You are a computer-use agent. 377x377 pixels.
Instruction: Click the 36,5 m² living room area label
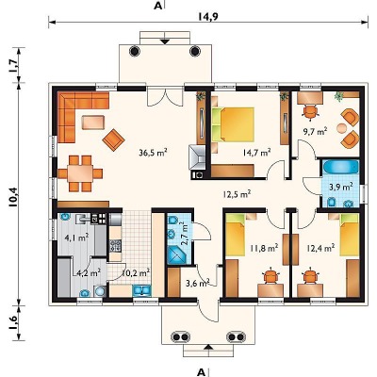coord(153,153)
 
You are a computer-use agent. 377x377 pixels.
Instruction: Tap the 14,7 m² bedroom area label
coord(257,153)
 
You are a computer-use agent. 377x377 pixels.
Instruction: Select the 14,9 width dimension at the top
coord(208,16)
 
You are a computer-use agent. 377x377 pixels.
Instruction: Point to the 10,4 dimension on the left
coord(13,197)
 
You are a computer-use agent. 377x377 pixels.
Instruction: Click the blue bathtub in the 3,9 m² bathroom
coord(341,167)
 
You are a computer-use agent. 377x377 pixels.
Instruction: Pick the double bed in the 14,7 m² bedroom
coord(234,124)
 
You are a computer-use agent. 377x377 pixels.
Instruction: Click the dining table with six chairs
coord(80,173)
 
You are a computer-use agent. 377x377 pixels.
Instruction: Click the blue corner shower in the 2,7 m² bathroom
coord(178,254)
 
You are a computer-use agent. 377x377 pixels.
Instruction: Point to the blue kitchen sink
coord(142,290)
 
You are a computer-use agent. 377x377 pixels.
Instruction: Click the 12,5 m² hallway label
coord(237,194)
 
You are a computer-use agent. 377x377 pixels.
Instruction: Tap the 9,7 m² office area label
coord(315,132)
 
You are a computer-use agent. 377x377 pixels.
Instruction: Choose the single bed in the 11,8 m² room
coord(236,235)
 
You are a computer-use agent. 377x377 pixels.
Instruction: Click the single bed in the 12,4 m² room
coord(350,235)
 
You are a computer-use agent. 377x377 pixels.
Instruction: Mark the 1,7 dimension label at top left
coord(13,65)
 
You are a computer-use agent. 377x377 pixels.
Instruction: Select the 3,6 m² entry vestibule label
coord(198,283)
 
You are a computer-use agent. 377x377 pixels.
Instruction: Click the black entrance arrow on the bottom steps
coord(208,347)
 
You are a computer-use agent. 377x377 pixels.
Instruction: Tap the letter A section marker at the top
coord(158,6)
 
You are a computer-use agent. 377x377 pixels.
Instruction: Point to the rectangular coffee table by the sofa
coord(93,123)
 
